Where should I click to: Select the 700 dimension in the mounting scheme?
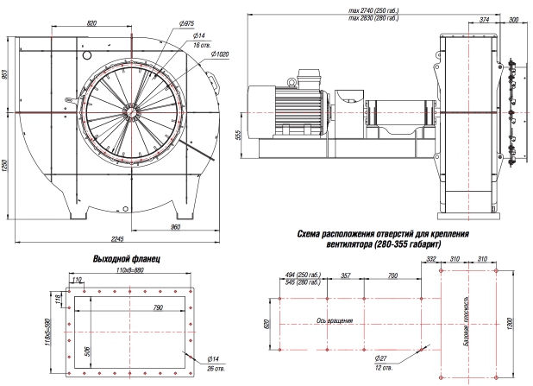(392, 276)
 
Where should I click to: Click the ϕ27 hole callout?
(379, 357)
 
